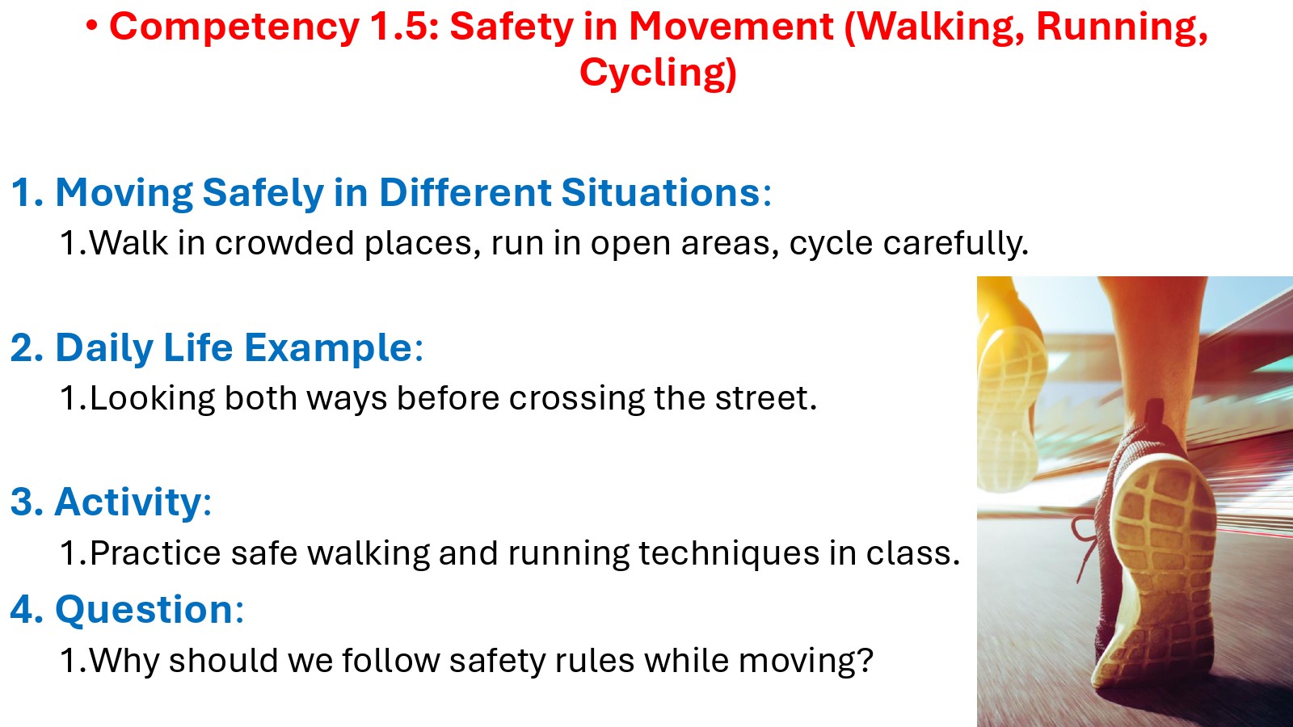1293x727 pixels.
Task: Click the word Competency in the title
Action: tap(234, 27)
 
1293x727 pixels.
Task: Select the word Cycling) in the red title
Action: tap(658, 74)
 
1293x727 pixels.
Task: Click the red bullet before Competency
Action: tap(92, 26)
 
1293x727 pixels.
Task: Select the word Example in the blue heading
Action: tap(328, 348)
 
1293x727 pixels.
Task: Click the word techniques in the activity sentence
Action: tap(729, 553)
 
